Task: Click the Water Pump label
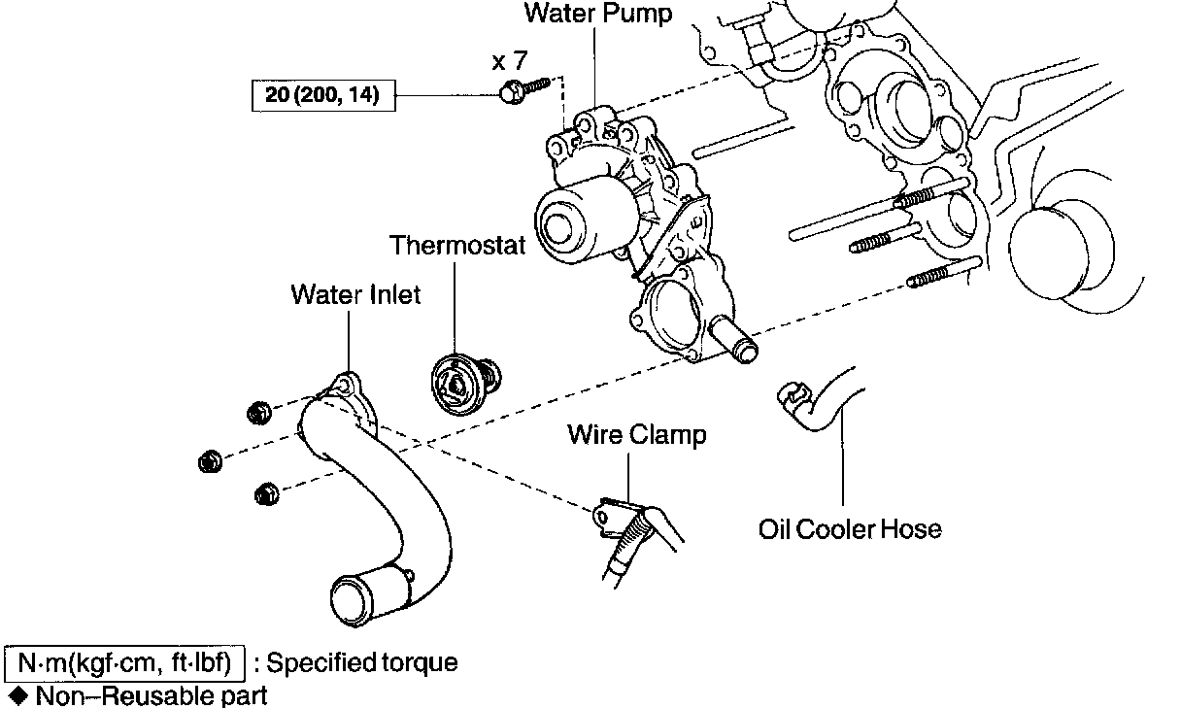click(x=597, y=14)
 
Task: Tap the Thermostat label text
click(x=457, y=245)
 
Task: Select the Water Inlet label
click(x=355, y=294)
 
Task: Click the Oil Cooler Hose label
click(x=850, y=529)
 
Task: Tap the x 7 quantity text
click(x=511, y=62)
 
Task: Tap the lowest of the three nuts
click(x=264, y=494)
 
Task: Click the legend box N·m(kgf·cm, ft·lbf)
click(x=124, y=663)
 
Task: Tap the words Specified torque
click(x=361, y=663)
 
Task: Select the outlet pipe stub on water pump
click(x=738, y=345)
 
